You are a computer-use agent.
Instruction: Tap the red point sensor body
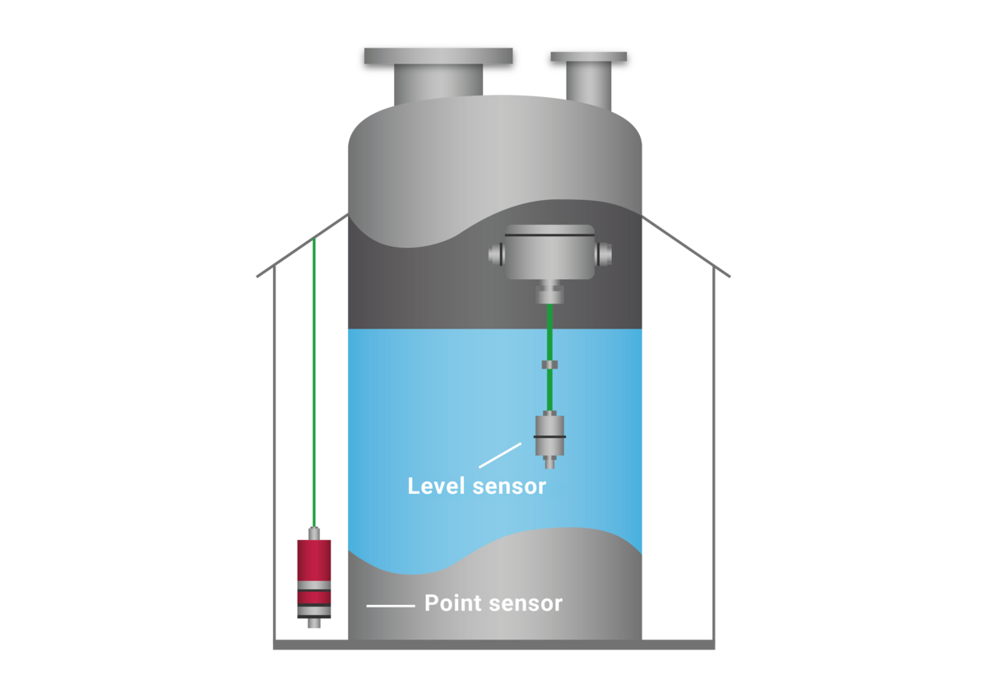click(314, 560)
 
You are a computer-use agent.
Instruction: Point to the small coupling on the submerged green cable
click(549, 364)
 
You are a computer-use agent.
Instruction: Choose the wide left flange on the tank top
click(438, 56)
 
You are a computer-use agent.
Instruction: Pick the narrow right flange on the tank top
click(589, 57)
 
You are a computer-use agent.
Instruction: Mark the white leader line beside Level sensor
click(499, 456)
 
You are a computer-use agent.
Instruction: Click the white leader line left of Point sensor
click(390, 607)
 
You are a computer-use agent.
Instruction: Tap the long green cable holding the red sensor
click(313, 379)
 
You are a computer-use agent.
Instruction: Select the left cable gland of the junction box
click(496, 254)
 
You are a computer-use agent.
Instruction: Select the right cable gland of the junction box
click(605, 253)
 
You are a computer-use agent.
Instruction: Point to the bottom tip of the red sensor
click(313, 624)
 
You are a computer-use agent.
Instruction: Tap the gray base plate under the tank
click(493, 644)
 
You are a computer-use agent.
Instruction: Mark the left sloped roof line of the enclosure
click(301, 245)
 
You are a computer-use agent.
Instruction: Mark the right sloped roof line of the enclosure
click(686, 245)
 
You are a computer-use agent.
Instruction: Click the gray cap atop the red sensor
click(313, 533)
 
